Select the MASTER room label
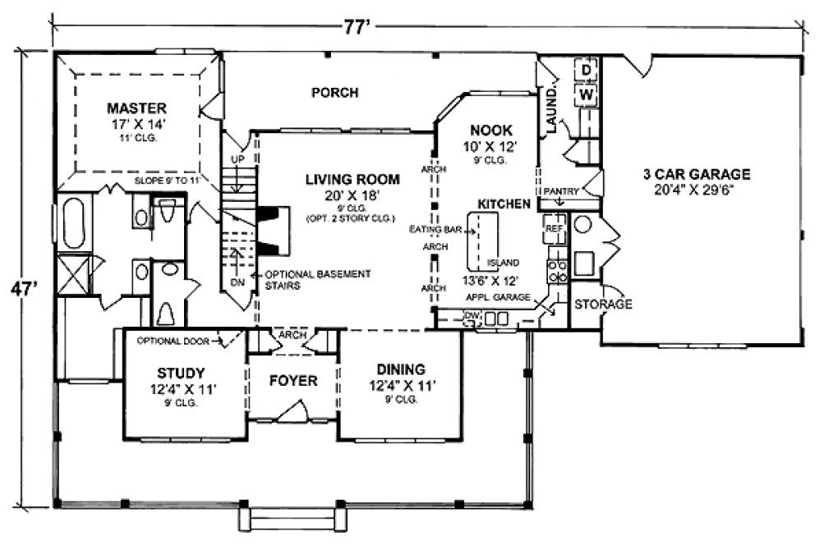tap(137, 108)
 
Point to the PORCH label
tap(334, 93)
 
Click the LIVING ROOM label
tap(352, 179)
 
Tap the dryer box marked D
tap(587, 71)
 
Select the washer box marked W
tap(587, 94)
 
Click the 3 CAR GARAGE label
tap(697, 174)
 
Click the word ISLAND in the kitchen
tap(503, 263)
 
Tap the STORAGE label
tap(603, 305)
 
